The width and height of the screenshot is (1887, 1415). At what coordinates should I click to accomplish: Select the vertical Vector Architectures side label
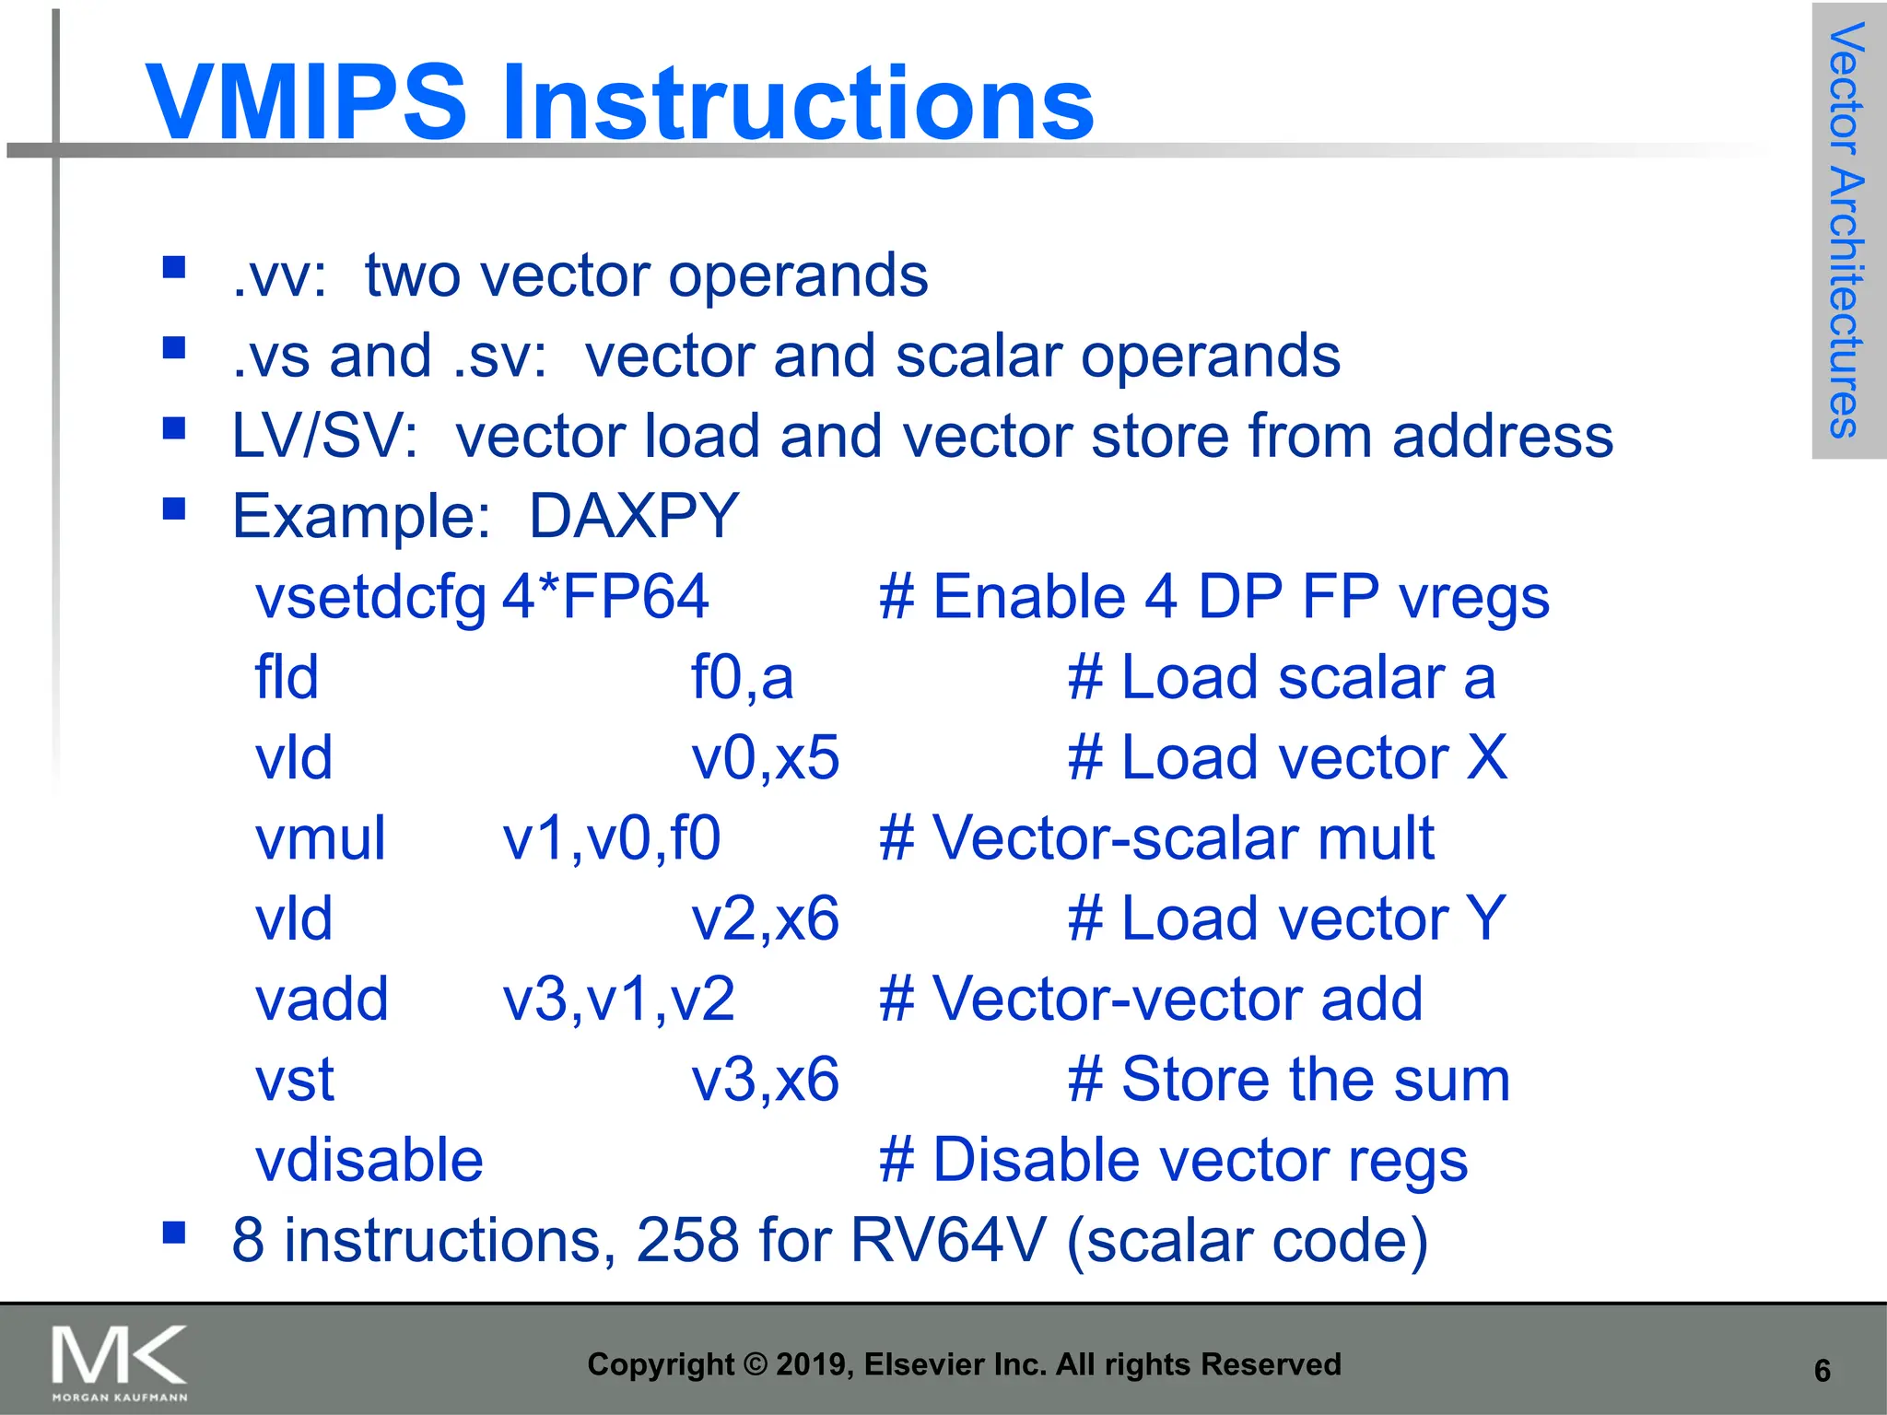coord(1846,230)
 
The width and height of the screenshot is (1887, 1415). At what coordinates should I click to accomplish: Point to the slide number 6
coord(1822,1371)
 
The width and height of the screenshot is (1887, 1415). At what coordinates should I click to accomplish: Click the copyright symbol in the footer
coord(755,1364)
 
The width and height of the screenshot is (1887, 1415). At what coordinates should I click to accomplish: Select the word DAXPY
coord(634,516)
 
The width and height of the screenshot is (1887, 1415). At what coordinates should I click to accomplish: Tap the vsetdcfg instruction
coord(370,597)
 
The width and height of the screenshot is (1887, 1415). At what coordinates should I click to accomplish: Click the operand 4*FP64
coord(605,596)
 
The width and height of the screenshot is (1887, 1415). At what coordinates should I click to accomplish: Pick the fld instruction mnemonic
coord(287,677)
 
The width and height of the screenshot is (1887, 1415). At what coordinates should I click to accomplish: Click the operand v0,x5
coord(765,758)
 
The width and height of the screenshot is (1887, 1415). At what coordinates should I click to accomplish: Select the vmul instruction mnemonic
coord(320,838)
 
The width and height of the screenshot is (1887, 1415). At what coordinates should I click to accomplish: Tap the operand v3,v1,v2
coord(618,1000)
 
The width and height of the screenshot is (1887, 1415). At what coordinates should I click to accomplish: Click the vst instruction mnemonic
coord(294,1080)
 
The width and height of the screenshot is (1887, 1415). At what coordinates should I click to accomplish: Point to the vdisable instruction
coord(369,1160)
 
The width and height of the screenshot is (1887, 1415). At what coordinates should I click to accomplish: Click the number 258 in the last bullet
coord(687,1240)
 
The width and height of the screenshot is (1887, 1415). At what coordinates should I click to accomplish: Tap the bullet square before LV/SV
coord(174,428)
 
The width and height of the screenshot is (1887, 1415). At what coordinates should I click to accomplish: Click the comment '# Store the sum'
coord(1288,1080)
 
